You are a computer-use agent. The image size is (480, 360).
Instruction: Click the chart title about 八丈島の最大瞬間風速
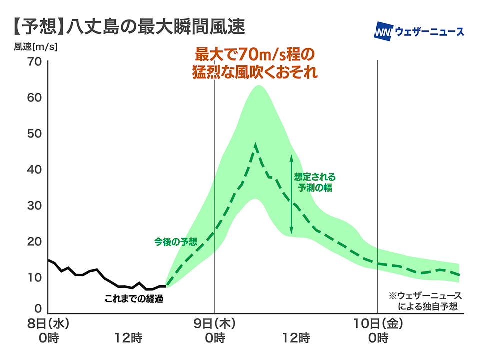[x=127, y=26]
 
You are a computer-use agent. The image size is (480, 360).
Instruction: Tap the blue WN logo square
[x=382, y=31]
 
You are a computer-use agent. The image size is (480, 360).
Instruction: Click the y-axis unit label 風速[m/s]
[x=36, y=48]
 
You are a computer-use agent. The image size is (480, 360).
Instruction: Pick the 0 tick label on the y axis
[x=37, y=308]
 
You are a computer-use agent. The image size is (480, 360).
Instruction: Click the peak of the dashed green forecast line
[x=255, y=144]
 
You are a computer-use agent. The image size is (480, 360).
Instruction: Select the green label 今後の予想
[x=175, y=242]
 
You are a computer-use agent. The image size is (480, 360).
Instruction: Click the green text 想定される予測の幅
[x=315, y=183]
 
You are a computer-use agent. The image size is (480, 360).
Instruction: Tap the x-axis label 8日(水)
[x=48, y=324]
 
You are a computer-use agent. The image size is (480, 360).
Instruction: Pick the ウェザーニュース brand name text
[x=429, y=32]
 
